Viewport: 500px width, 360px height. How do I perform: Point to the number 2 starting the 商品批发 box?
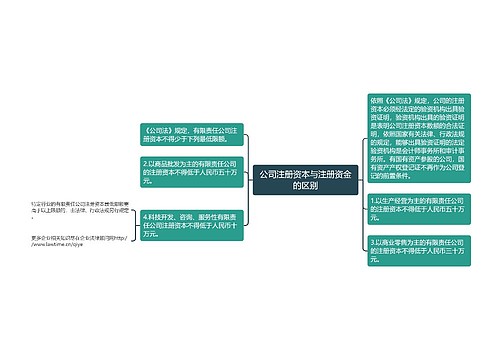pos(146,162)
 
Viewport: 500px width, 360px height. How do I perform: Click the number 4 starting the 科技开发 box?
pos(146,217)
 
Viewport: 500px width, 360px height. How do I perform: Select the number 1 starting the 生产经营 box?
pos(372,200)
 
